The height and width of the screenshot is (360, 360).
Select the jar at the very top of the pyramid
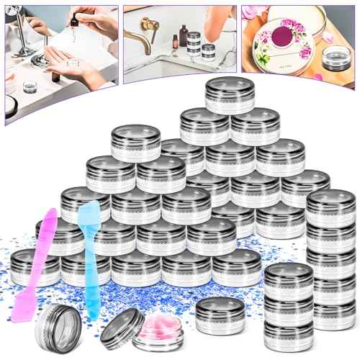229,94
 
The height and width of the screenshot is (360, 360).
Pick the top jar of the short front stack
288,277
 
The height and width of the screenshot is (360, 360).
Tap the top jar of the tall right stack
330,205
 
